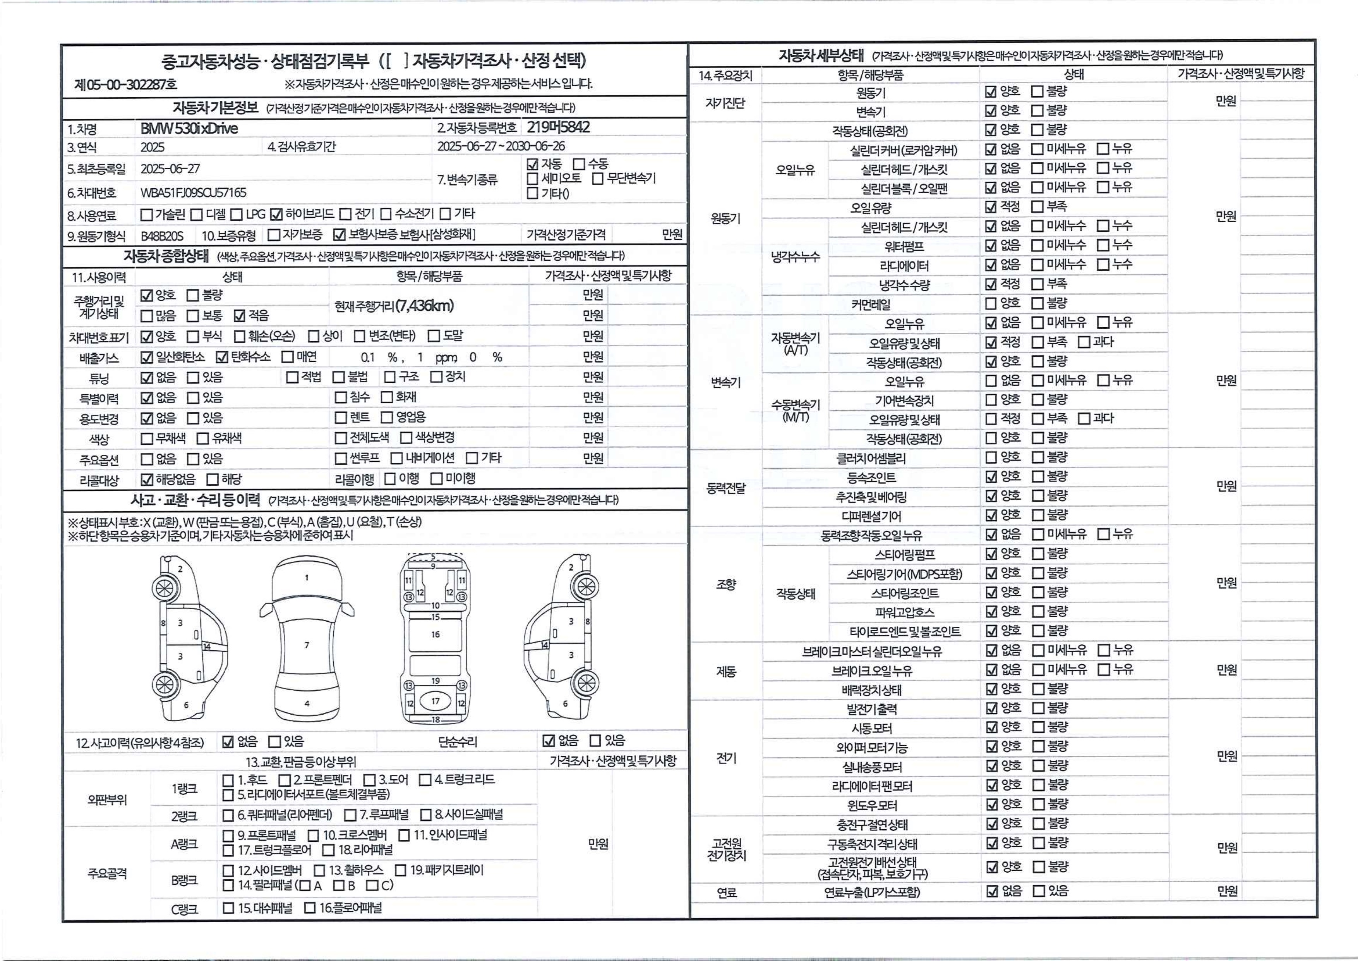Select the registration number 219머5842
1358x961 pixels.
pos(558,127)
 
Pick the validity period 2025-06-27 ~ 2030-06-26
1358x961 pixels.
pos(501,146)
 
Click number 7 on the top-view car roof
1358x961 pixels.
pos(306,645)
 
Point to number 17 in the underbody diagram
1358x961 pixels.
pos(436,701)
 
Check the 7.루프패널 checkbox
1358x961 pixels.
pos(350,815)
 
